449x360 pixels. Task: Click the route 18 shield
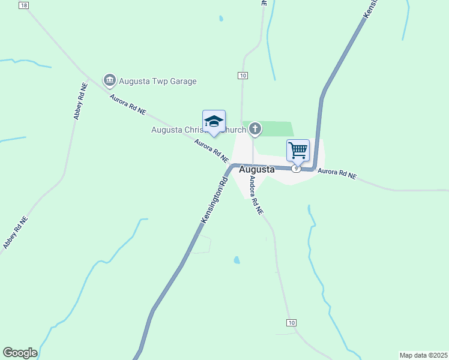tap(23, 5)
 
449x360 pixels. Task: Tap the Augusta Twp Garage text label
tap(157, 81)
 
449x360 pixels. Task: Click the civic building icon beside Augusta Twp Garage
tap(109, 80)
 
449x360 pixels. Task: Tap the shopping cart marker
tap(298, 150)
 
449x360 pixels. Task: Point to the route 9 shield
tap(295, 169)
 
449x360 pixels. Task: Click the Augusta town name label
tap(257, 170)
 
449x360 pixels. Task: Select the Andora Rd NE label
tap(256, 195)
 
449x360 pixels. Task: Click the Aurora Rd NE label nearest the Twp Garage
tap(127, 103)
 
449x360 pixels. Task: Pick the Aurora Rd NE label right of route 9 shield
tap(337, 174)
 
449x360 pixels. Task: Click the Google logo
tap(20, 353)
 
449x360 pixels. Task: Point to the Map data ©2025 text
tap(423, 355)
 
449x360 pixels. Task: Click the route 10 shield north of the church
tap(243, 76)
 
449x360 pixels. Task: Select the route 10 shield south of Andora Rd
tap(292, 323)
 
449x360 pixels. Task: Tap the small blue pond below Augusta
tap(237, 260)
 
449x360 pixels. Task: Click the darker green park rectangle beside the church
tap(273, 128)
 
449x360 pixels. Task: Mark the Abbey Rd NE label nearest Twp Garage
tap(81, 101)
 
